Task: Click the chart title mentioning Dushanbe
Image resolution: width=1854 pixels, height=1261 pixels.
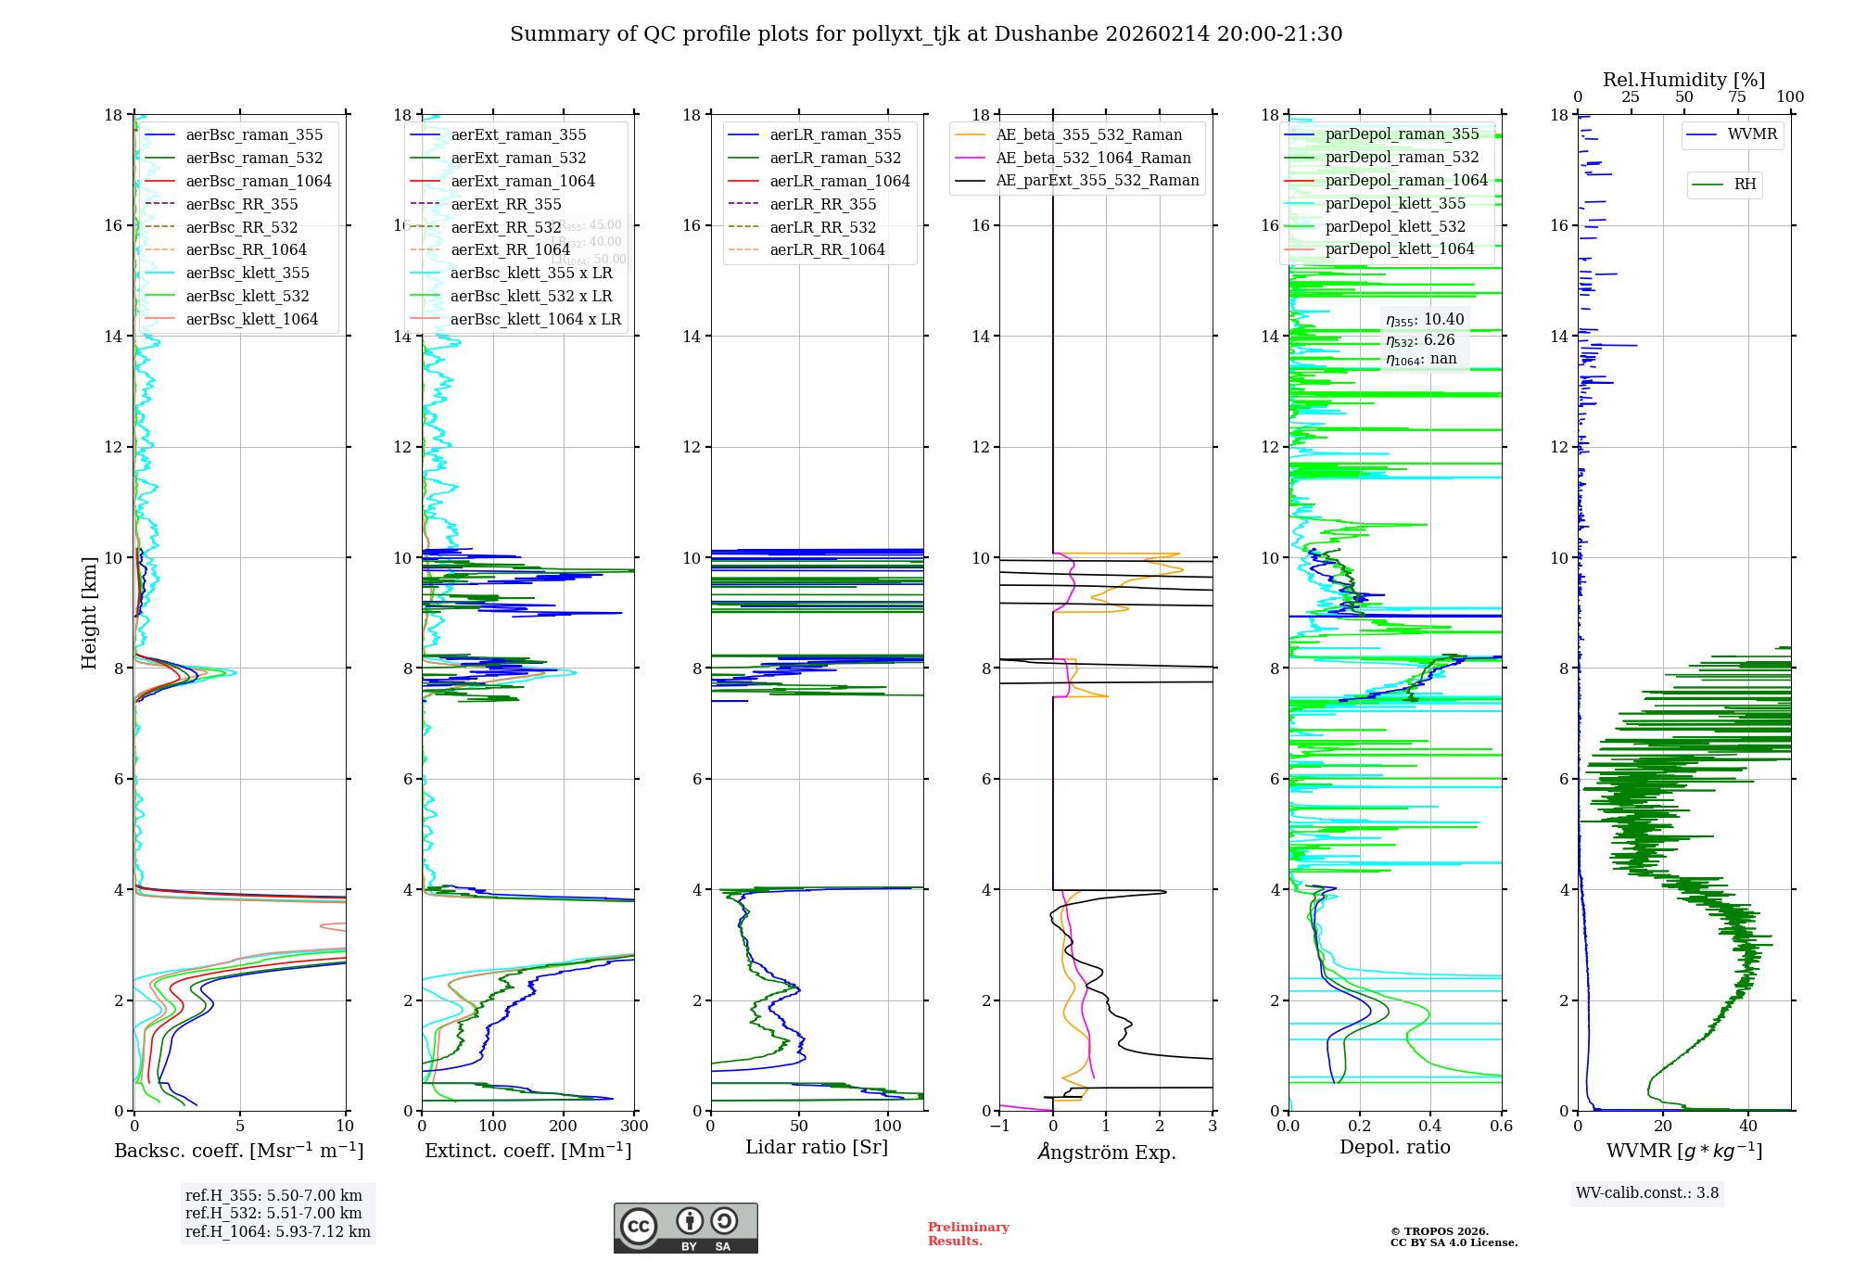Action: click(x=926, y=34)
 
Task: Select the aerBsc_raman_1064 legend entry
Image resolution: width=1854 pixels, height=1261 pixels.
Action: click(x=258, y=181)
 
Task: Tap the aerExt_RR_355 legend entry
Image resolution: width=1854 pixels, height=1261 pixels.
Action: click(x=505, y=204)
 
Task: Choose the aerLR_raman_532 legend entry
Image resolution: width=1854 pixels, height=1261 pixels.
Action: click(x=834, y=158)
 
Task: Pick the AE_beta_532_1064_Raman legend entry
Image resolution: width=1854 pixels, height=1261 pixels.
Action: click(x=1093, y=158)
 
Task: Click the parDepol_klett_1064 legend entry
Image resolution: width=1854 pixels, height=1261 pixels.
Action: click(x=1399, y=248)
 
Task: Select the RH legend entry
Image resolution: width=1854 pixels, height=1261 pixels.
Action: click(x=1745, y=185)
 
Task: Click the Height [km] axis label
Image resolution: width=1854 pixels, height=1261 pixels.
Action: click(x=89, y=612)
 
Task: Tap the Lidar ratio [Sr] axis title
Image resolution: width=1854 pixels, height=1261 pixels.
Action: click(x=817, y=1147)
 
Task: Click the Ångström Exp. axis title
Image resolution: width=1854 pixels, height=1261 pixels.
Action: click(x=1107, y=1152)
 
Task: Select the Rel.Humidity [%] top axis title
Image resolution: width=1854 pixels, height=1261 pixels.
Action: click(x=1684, y=80)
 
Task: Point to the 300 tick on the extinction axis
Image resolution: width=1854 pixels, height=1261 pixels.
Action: click(x=635, y=1127)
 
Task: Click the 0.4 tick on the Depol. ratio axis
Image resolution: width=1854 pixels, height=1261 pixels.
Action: click(x=1430, y=1127)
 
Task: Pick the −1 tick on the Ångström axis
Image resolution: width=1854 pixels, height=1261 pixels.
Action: click(x=999, y=1127)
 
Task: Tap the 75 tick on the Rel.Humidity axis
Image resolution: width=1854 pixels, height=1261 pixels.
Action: click(x=1737, y=97)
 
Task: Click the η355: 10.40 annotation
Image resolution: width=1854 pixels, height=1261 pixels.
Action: click(x=1425, y=320)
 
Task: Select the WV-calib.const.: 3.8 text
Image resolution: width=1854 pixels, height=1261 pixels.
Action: click(x=1647, y=1193)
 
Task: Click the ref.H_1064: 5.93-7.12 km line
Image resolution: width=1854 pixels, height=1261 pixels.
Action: click(x=278, y=1231)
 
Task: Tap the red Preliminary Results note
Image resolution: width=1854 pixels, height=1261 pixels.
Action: click(x=968, y=1234)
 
